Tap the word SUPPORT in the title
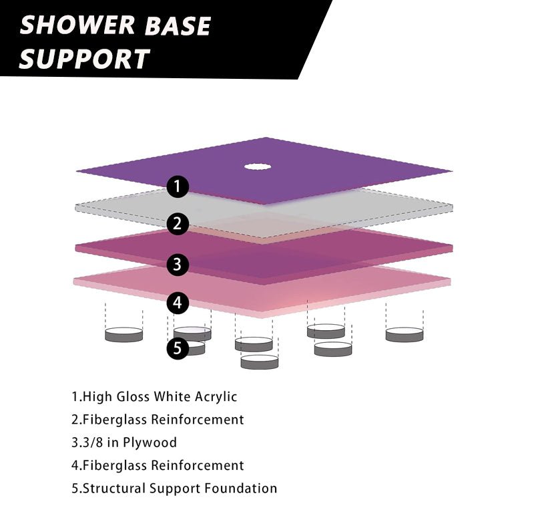click(x=84, y=59)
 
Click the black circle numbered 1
click(x=177, y=186)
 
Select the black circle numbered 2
click(x=177, y=224)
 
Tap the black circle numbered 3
click(x=177, y=264)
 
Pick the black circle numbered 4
click(x=177, y=303)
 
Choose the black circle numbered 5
click(x=177, y=348)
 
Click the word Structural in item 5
click(x=111, y=488)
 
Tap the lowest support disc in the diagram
click(x=260, y=362)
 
